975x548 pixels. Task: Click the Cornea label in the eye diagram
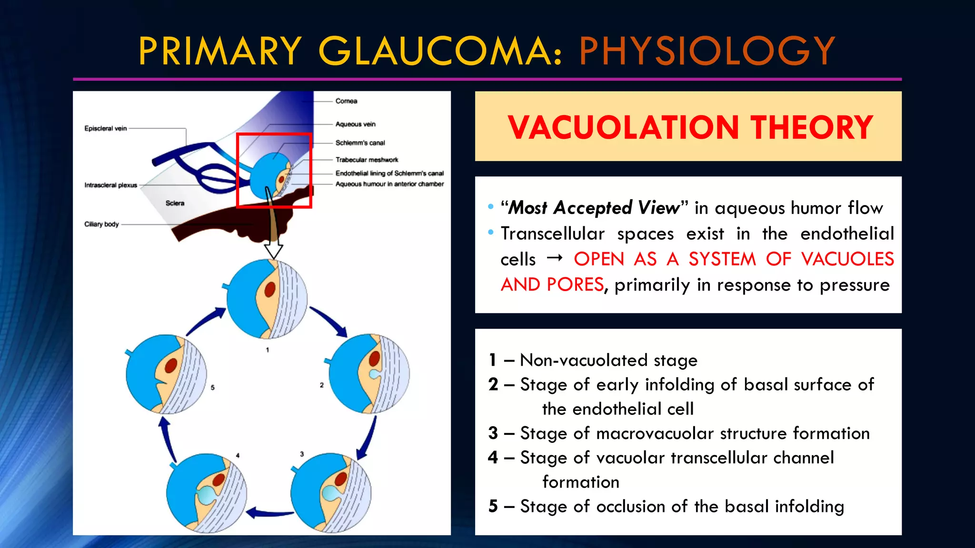[346, 101]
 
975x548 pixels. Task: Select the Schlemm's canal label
[360, 143]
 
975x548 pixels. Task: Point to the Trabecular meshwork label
[367, 160]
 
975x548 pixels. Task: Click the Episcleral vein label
[106, 128]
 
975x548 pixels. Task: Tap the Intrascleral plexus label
[110, 185]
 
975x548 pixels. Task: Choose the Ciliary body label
[101, 224]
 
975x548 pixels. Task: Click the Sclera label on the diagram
[175, 203]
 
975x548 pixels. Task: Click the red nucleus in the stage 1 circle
[270, 289]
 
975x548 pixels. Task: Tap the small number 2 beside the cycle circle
[322, 385]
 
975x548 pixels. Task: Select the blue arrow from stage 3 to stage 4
[270, 513]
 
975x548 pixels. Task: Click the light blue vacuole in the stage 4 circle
[207, 495]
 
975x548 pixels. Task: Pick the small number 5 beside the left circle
[212, 387]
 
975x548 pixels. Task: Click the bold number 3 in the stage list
[493, 433]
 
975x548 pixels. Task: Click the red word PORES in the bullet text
[575, 284]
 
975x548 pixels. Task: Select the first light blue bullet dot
[491, 207]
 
